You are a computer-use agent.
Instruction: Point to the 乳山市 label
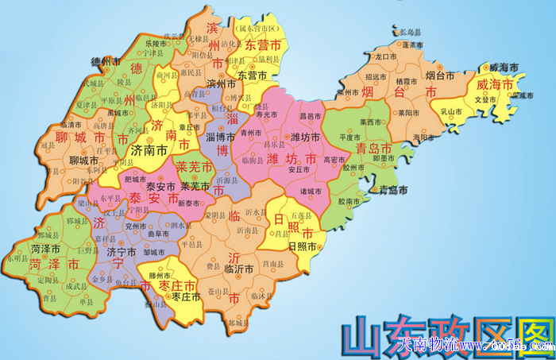pos(452,113)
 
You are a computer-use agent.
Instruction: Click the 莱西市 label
pos(372,122)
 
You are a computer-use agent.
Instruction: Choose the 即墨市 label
pos(386,158)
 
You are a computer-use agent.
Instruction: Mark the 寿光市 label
pos(268,114)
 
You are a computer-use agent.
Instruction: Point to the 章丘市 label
pos(191,126)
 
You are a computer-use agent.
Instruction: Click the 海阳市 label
pos(423,137)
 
